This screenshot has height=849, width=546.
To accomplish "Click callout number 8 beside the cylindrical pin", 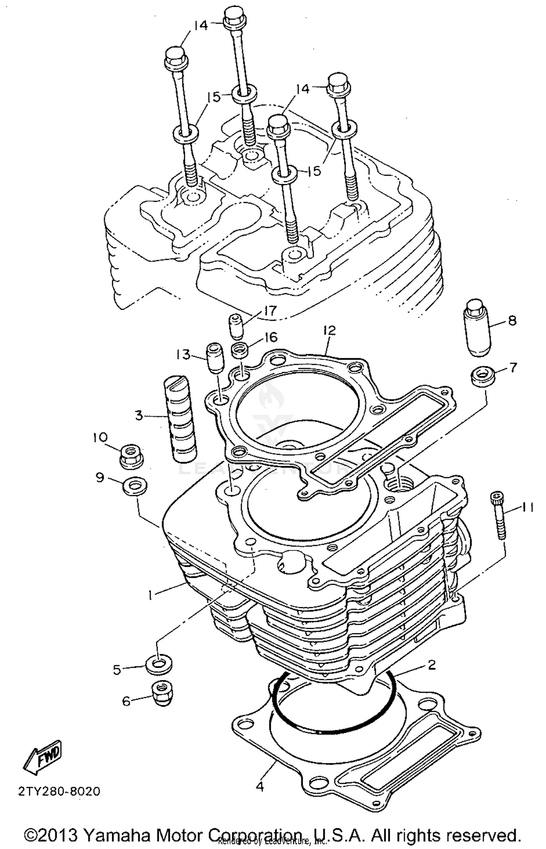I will (512, 321).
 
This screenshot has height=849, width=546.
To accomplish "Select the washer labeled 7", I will (483, 376).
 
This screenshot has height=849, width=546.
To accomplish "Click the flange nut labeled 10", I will (131, 456).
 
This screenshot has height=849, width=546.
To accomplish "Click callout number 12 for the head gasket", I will (329, 331).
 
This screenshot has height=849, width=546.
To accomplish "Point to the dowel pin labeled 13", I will (215, 358).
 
